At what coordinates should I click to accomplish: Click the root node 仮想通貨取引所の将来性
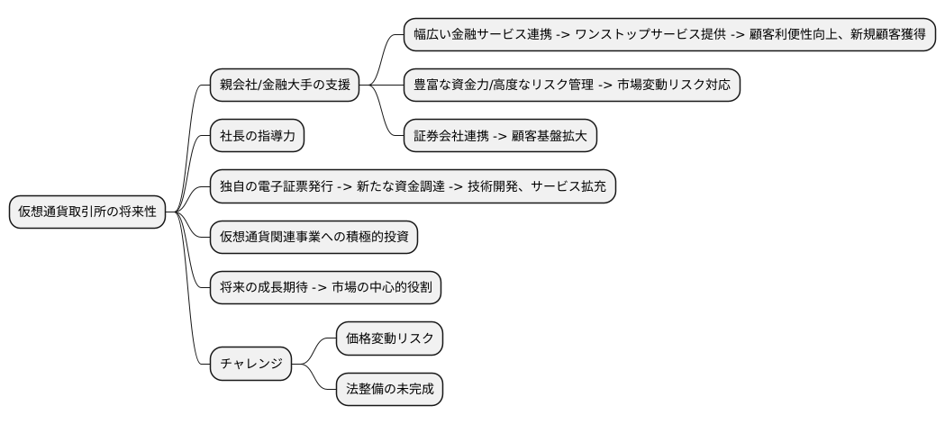coord(87,212)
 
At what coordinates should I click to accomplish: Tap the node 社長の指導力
coord(257,136)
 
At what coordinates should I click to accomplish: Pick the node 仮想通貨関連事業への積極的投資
coord(314,238)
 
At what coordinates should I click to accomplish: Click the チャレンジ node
coord(251,365)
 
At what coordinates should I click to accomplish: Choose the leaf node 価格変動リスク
coord(389,339)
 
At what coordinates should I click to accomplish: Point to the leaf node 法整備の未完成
coord(389,390)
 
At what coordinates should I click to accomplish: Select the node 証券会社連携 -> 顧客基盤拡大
coord(498,136)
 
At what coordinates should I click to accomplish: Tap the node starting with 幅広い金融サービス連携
coord(668,34)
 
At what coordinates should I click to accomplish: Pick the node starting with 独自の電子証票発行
coord(413,186)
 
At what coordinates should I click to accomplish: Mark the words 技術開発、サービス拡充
coord(537,186)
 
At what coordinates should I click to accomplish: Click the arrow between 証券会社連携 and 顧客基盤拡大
coord(501,136)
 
